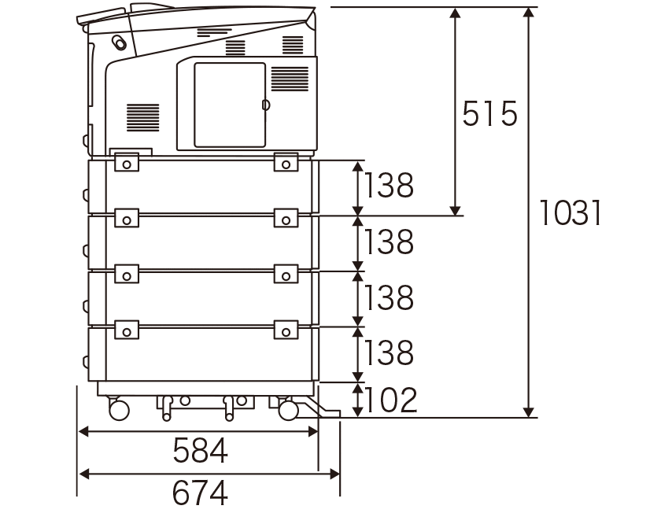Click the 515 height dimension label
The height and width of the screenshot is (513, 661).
489,113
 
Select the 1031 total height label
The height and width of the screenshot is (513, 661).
570,212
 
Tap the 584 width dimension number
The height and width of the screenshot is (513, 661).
200,450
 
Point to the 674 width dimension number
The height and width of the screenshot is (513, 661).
200,493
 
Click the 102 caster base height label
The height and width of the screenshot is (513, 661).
390,400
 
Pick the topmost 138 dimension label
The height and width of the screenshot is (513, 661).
389,185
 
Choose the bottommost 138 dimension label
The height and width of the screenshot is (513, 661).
389,352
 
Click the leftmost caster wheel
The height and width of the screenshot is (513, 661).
119,409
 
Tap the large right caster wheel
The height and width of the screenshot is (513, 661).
289,410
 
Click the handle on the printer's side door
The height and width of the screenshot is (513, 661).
266,105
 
